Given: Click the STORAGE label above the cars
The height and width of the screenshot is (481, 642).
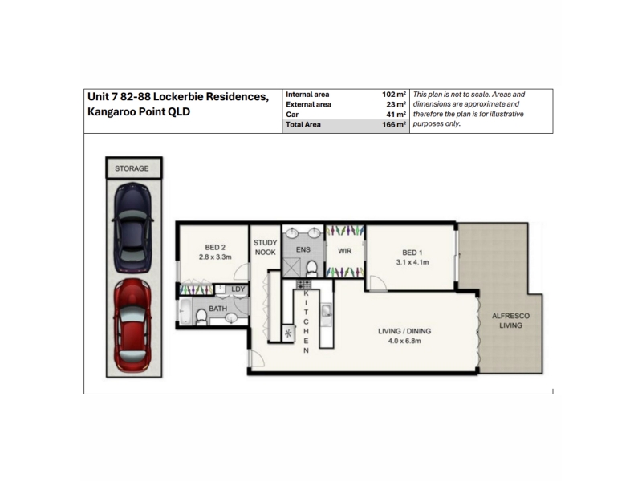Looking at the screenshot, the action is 132,168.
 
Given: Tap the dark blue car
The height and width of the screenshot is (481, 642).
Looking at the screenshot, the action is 132,228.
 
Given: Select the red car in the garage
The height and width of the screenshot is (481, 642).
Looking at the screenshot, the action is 132,325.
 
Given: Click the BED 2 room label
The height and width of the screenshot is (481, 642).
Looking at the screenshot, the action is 215,247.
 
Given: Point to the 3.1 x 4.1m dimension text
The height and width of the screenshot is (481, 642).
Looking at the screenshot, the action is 412,262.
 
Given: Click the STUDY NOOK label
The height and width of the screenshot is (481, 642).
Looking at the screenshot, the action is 266,248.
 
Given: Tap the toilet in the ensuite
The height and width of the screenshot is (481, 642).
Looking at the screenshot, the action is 311,269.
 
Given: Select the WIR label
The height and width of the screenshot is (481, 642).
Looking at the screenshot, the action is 345,251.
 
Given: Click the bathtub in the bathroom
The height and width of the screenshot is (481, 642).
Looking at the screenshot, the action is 185,312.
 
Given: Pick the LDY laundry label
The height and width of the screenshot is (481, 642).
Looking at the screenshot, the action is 238,289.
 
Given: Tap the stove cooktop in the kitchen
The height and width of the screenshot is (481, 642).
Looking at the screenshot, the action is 303,285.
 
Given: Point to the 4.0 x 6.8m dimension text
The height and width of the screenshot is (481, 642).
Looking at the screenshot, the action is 404,341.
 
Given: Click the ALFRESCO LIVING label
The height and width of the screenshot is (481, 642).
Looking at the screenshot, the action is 510,321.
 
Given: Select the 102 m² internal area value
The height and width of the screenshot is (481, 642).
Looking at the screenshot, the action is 394,95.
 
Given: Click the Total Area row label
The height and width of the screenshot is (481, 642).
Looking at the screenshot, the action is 303,125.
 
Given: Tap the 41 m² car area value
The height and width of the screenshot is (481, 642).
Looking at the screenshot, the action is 396,115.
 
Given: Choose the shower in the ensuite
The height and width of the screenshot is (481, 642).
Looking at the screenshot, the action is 292,268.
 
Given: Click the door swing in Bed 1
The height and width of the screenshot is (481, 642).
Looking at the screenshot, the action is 378,283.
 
